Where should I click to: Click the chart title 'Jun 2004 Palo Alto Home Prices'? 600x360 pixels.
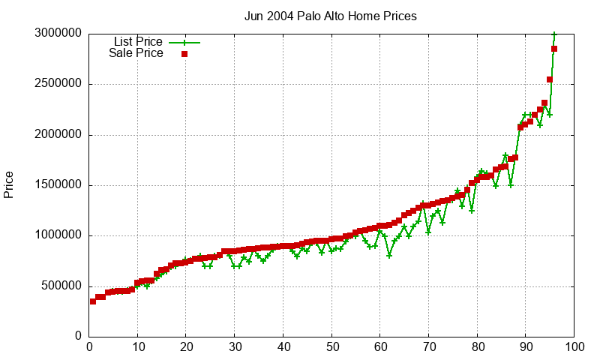[331, 16]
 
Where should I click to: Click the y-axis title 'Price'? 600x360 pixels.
[9, 184]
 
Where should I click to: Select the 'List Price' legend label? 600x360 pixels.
[138, 41]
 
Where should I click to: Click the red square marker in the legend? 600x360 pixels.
[184, 54]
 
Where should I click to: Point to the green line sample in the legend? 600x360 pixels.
[184, 42]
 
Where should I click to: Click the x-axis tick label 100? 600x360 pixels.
[574, 347]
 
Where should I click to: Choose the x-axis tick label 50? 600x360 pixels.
[331, 347]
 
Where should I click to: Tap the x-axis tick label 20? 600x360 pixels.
[186, 347]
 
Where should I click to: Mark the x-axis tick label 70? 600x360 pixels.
[428, 347]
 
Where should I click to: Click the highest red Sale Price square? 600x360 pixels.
[554, 49]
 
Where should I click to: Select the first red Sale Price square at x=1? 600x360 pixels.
[93, 301]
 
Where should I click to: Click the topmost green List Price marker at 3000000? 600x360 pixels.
[554, 34]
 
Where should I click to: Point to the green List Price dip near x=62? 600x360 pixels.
[389, 256]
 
